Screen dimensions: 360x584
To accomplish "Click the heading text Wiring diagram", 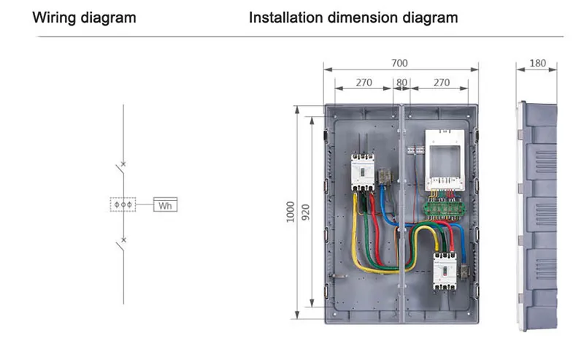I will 84,18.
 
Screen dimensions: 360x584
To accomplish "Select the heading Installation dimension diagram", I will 353,18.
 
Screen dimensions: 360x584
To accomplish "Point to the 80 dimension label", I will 401,83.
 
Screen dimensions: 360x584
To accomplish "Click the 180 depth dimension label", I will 537,64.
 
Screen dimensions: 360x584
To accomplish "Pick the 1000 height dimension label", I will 290,212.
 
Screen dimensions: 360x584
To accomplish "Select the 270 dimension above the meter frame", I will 442,83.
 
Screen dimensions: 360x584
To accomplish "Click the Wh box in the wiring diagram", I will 166,205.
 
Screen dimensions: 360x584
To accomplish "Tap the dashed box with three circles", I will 123,204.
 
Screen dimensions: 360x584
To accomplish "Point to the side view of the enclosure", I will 537,215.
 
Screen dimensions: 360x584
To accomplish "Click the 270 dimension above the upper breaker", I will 364,83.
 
